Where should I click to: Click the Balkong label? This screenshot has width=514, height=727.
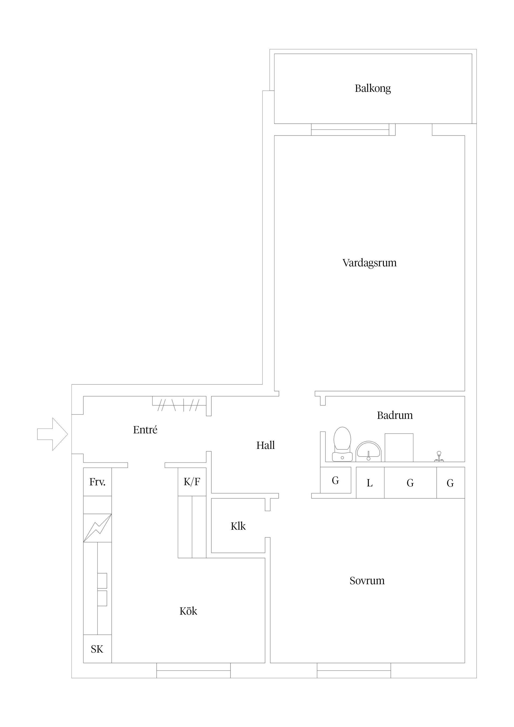pyautogui.click(x=373, y=88)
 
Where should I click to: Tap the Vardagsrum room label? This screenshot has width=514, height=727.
pyautogui.click(x=370, y=263)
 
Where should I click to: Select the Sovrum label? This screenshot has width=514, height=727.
pyautogui.click(x=367, y=581)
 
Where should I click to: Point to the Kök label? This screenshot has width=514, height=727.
pyautogui.click(x=188, y=611)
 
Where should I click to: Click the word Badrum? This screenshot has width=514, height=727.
pyautogui.click(x=395, y=415)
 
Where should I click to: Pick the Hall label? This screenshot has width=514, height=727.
pyautogui.click(x=265, y=445)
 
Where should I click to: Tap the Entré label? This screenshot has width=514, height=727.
pyautogui.click(x=145, y=430)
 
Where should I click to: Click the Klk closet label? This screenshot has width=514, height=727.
pyautogui.click(x=238, y=526)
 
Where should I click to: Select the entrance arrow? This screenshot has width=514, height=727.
pyautogui.click(x=52, y=434)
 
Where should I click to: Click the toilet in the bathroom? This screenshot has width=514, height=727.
pyautogui.click(x=342, y=444)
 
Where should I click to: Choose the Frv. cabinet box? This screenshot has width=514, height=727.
pyautogui.click(x=97, y=482)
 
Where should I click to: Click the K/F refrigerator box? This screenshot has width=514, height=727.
pyautogui.click(x=192, y=482)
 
